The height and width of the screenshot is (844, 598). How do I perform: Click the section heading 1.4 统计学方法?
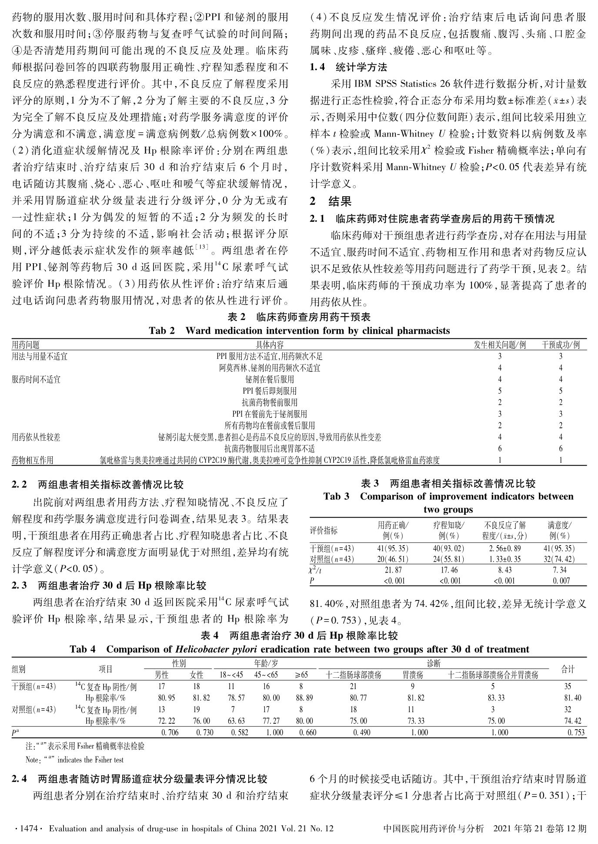pyautogui.click(x=348, y=67)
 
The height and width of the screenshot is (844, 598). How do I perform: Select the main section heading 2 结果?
pyautogui.click(x=331, y=201)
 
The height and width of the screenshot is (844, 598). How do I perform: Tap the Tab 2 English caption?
pyautogui.click(x=299, y=331)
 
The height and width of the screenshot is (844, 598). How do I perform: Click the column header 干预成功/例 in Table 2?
pyautogui.click(x=561, y=345)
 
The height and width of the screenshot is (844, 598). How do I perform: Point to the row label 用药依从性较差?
pyautogui.click(x=36, y=437)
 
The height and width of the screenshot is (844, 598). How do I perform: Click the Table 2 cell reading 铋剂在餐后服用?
pyautogui.click(x=270, y=379)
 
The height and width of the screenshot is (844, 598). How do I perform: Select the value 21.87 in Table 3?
pyautogui.click(x=393, y=570)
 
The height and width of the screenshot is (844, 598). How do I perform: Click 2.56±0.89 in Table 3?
pyautogui.click(x=504, y=548)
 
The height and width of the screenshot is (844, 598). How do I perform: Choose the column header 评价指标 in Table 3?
pyautogui.click(x=324, y=531)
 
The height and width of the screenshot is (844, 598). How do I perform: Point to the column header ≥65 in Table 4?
pyautogui.click(x=301, y=675)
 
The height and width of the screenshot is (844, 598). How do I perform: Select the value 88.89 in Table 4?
pyautogui.click(x=301, y=698)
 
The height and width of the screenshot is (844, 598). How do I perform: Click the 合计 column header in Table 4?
pyautogui.click(x=568, y=670)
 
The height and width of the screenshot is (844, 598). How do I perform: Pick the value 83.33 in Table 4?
pyautogui.click(x=493, y=698)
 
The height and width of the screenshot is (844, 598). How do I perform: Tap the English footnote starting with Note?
pyautogui.click(x=74, y=760)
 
